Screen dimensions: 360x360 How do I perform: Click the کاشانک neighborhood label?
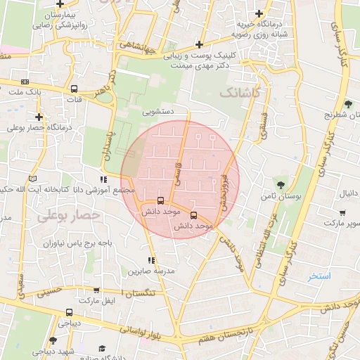(x=240, y=93)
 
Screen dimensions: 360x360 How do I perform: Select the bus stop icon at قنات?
(x=74, y=89)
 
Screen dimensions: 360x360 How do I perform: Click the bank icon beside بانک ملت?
(x=25, y=82)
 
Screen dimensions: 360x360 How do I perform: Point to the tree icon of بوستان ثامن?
(x=281, y=185)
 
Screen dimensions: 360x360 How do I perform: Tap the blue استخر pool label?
(x=319, y=276)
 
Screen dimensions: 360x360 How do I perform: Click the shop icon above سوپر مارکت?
(x=342, y=214)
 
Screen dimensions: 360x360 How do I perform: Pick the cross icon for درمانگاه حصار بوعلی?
(x=39, y=117)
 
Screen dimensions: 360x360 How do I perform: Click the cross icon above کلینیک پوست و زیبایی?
(x=199, y=44)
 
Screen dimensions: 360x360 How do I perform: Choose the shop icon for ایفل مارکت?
(x=96, y=290)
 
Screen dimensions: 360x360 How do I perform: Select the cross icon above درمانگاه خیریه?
(x=259, y=13)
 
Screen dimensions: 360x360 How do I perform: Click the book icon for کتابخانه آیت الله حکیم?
(x=31, y=179)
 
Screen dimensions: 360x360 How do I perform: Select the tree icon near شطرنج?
(x=348, y=104)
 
